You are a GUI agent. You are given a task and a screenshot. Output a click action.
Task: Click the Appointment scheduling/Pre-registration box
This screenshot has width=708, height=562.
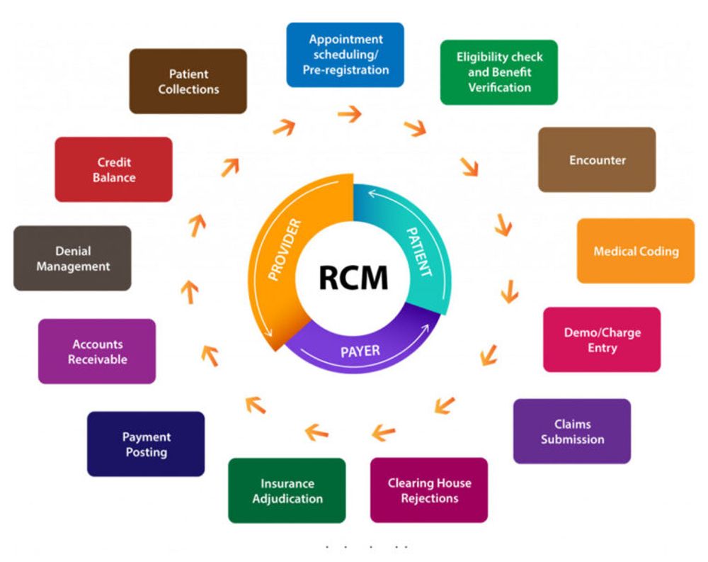(345, 55)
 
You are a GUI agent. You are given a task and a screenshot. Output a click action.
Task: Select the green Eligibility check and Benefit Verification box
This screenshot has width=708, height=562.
(498, 72)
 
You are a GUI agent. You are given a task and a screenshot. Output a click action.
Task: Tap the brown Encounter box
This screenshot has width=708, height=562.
(597, 160)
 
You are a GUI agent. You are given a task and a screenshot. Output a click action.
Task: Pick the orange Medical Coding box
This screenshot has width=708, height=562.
(635, 251)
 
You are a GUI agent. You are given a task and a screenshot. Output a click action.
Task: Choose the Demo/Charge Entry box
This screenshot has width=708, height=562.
(602, 339)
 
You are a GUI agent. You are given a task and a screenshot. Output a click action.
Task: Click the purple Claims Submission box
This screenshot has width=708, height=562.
(572, 431)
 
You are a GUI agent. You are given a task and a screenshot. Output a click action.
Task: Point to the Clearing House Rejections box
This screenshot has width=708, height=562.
(429, 490)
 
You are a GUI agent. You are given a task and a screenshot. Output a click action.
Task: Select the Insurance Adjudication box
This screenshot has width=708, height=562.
(287, 490)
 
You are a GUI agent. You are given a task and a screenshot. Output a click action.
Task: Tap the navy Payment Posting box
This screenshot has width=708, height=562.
(146, 444)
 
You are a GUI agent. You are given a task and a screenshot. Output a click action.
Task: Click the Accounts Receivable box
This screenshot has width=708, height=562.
(97, 352)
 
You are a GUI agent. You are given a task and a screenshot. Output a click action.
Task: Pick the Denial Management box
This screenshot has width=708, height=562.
(72, 259)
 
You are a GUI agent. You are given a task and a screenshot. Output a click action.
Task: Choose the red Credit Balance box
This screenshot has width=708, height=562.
(113, 169)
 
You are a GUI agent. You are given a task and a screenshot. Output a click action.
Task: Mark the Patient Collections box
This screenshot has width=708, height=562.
(188, 81)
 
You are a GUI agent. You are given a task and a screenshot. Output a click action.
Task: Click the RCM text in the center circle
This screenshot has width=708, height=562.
(353, 277)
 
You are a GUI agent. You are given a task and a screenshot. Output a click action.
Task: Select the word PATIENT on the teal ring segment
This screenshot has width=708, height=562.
(417, 251)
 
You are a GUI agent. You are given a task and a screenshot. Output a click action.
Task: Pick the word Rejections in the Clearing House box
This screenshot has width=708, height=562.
(429, 498)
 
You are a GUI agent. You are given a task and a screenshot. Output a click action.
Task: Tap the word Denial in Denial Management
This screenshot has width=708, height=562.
(73, 251)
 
